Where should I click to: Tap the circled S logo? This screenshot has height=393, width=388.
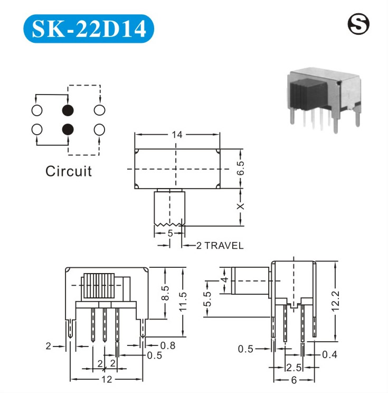click(x=358, y=23)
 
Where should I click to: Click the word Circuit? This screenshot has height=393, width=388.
click(x=68, y=171)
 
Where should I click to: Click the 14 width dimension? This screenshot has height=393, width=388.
click(x=177, y=135)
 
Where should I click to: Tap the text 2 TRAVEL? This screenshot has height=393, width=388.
click(x=220, y=246)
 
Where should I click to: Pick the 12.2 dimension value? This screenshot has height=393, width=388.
click(x=336, y=302)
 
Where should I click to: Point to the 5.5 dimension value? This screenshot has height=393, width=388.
click(x=208, y=300)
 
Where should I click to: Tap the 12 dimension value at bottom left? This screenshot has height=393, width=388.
click(x=107, y=380)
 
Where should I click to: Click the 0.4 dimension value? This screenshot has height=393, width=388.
click(x=329, y=354)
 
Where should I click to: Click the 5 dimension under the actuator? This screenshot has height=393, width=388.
click(x=169, y=232)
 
